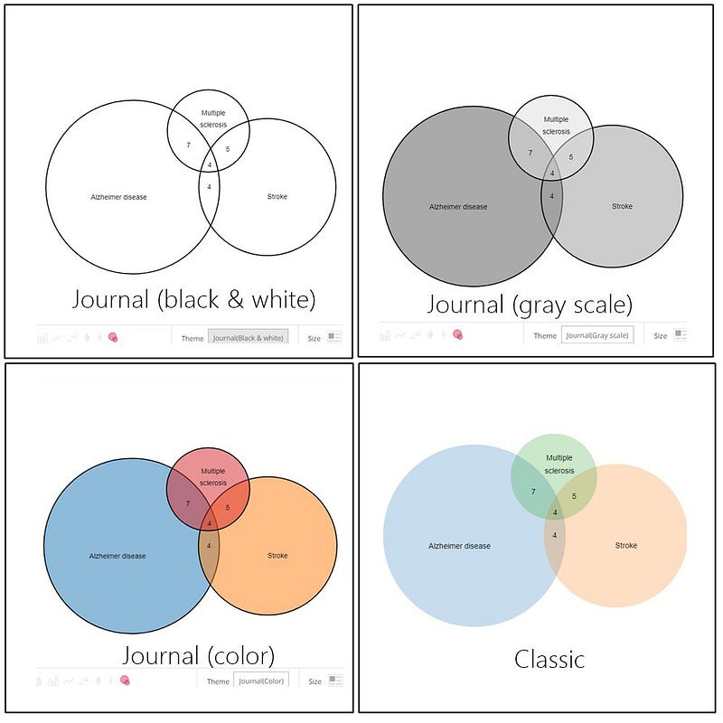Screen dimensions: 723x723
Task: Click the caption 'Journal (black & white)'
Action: pyautogui.click(x=193, y=298)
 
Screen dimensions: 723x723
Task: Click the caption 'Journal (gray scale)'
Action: pyautogui.click(x=530, y=304)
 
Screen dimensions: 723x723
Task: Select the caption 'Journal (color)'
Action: pyautogui.click(x=198, y=654)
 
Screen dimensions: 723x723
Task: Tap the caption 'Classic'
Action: pyautogui.click(x=549, y=659)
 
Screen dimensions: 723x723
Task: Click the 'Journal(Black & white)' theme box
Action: pyautogui.click(x=249, y=337)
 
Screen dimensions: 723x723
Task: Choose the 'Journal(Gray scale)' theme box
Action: pyautogui.click(x=597, y=335)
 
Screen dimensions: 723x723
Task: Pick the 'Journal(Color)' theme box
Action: pyautogui.click(x=261, y=681)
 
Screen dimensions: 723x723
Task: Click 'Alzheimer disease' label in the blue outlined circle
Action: pyautogui.click(x=117, y=556)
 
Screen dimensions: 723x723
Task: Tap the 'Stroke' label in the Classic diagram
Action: pyautogui.click(x=625, y=546)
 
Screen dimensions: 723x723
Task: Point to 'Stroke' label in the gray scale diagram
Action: pyautogui.click(x=622, y=207)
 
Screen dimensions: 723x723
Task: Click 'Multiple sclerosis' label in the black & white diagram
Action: pyautogui.click(x=214, y=118)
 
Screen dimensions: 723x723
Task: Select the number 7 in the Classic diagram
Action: pyautogui.click(x=533, y=492)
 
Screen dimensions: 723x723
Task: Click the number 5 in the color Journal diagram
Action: pyautogui.click(x=228, y=508)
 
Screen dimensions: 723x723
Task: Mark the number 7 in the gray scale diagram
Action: pyautogui.click(x=531, y=153)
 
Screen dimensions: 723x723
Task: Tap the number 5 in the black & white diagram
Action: pyautogui.click(x=228, y=149)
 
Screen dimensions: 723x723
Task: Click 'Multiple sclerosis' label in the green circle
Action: pyautogui.click(x=559, y=465)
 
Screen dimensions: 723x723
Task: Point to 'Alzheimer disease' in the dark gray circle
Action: pyautogui.click(x=458, y=207)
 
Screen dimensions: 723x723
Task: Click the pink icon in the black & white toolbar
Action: pyautogui.click(x=113, y=337)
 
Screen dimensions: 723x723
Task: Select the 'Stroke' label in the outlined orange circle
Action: pyautogui.click(x=277, y=556)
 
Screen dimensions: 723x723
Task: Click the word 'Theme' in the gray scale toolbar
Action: pyautogui.click(x=545, y=335)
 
